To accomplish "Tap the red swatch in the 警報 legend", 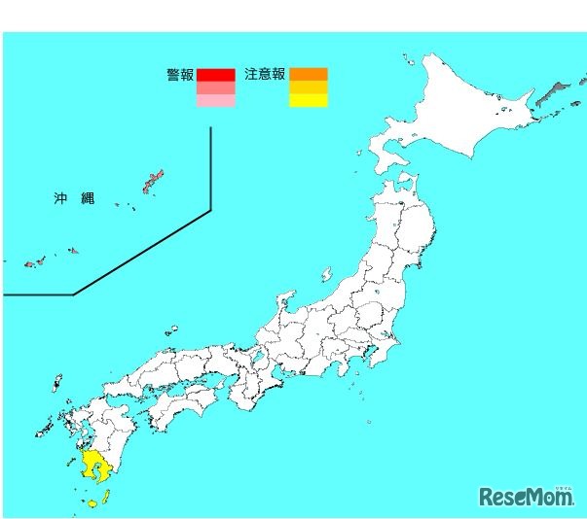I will pos(215,74).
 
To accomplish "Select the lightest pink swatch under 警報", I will pos(215,100).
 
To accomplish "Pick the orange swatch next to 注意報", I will pos(309,74).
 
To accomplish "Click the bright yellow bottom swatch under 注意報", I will pos(309,100).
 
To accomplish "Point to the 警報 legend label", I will pos(179,74).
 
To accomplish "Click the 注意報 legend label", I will pos(265,74).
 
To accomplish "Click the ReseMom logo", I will pos(526,497).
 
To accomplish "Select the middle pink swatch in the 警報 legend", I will pos(215,87).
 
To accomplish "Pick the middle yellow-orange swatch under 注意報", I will pos(309,87).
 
